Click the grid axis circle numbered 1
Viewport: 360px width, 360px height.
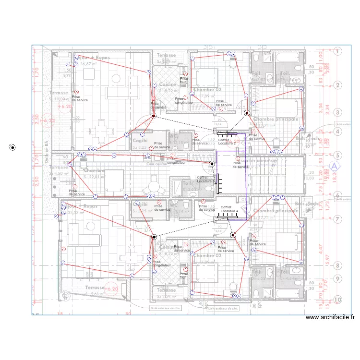337,51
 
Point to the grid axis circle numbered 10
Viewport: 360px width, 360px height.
337,299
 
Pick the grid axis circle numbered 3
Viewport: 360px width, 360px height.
337,112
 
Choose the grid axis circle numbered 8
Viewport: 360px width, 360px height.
337,265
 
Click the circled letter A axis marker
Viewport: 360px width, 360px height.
336,165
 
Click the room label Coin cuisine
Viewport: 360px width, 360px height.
158,163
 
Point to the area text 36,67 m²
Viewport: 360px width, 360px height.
89,63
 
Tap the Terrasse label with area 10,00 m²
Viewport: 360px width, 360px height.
59,93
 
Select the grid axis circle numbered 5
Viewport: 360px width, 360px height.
337,155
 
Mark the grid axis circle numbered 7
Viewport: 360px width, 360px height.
337,219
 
